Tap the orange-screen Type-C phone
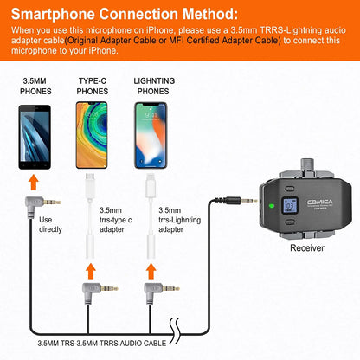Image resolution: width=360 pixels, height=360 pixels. click(x=94, y=137)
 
